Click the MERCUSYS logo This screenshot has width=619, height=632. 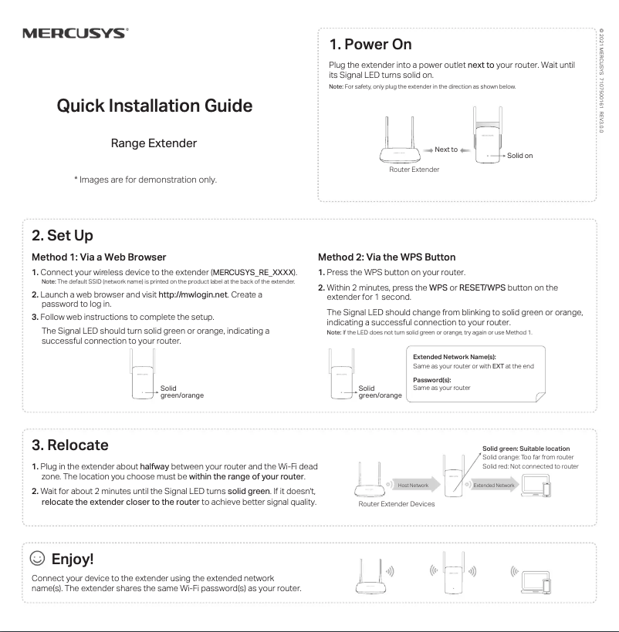[75, 34]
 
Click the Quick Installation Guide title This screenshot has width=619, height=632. [154, 106]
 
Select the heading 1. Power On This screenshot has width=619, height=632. [370, 44]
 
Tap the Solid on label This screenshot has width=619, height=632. [519, 156]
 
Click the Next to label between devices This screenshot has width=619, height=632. [445, 150]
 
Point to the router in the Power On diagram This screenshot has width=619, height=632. [400, 143]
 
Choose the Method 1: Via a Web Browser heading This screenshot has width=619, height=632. [99, 257]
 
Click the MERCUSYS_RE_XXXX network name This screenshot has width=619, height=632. [254, 273]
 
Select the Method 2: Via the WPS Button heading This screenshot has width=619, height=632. [387, 257]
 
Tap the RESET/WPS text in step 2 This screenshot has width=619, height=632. [482, 287]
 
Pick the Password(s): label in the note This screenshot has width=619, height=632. [431, 380]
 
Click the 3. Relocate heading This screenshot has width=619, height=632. [70, 445]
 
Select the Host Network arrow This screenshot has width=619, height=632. [414, 485]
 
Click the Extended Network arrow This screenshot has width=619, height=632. [494, 485]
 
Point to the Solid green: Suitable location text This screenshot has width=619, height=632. [526, 448]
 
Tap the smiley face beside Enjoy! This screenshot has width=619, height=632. [36, 557]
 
